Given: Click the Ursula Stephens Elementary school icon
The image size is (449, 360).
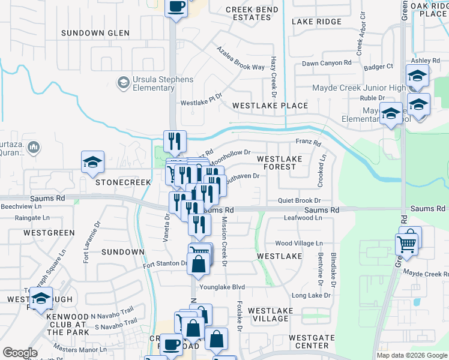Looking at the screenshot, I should tap(124, 82).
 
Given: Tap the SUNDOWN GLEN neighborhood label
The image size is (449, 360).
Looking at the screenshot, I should tap(95, 33).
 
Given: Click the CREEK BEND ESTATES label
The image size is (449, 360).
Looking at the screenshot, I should tap(252, 14).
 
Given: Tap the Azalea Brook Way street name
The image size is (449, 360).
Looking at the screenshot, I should tap(240, 59).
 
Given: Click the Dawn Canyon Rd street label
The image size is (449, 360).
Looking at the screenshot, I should tap(327, 63).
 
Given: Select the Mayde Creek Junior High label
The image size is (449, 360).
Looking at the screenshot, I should tap(359, 88).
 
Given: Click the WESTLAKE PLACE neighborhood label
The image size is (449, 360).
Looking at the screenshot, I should tap(270, 106).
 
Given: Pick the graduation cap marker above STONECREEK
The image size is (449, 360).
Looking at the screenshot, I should tap(93, 163).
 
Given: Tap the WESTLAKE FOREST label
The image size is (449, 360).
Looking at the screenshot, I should tap(277, 163).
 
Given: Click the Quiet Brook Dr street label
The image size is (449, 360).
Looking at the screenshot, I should tap(300, 200).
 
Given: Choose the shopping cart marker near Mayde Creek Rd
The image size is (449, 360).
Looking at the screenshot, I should tap(407, 245).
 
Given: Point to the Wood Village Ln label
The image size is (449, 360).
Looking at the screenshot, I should tap(299, 244).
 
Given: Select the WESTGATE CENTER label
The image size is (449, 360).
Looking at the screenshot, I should tap(312, 342).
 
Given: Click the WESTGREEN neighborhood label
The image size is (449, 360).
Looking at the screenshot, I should tap(49, 232).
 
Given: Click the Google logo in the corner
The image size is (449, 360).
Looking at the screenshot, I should tap(19, 353).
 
